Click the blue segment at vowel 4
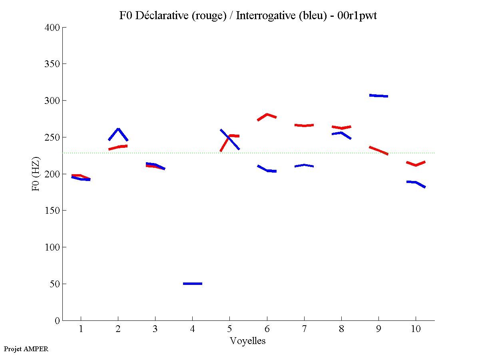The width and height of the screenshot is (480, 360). pos(193,284)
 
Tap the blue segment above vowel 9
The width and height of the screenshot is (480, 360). pos(378,96)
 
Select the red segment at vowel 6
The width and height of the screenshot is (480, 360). pos(267,114)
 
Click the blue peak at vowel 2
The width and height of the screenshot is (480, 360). pos(118,129)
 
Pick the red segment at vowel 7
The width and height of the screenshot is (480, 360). pos(304,125)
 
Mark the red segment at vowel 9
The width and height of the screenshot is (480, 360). pos(378,150)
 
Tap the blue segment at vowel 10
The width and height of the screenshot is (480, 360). pos(416,183)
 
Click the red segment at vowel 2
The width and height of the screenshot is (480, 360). pos(118,147)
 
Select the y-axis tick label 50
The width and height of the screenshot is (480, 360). pos(55,284)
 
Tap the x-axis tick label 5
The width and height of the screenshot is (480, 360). pos(229,329)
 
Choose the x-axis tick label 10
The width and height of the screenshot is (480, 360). pos(416,329)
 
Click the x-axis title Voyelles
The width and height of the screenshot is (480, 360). pos(248,341)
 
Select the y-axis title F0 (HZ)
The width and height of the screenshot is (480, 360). pos(36,174)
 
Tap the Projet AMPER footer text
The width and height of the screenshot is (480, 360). pos(26,349)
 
